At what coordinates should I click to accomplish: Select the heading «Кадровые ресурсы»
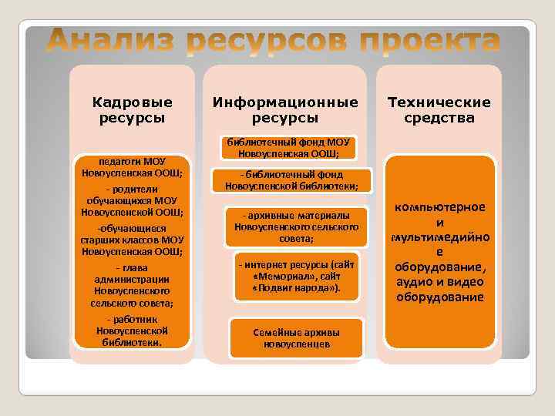tap(132, 110)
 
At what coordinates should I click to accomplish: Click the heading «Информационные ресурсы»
tap(285, 110)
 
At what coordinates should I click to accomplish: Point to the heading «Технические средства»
tap(439, 110)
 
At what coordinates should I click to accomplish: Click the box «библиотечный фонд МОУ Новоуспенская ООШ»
tap(288, 147)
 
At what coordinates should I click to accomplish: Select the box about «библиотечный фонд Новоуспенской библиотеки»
tap(291, 180)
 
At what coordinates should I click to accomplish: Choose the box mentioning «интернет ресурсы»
tap(296, 276)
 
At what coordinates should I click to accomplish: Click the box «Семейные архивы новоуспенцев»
tap(296, 337)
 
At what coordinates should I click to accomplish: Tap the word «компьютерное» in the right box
tap(439, 207)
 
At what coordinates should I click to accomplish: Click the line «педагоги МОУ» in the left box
tap(132, 161)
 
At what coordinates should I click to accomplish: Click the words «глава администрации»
tap(132, 273)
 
